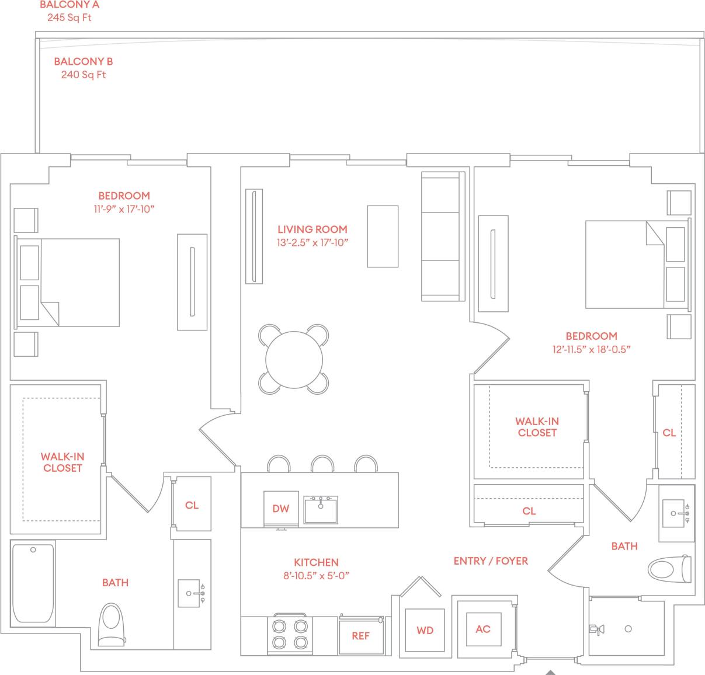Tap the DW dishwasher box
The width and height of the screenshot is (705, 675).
[281, 508]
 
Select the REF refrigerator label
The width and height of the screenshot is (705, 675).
[360, 636]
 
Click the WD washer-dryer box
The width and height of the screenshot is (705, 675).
[425, 631]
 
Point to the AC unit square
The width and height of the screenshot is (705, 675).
[482, 629]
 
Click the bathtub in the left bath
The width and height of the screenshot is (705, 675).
[33, 582]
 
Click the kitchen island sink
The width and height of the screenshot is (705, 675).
[320, 509]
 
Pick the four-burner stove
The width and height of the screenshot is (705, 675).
[290, 635]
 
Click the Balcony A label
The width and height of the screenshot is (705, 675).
[70, 5]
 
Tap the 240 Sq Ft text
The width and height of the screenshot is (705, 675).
[84, 75]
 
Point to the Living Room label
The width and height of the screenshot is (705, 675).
[312, 229]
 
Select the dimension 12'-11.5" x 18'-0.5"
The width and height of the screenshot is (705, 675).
[592, 349]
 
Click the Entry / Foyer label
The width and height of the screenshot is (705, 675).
[491, 561]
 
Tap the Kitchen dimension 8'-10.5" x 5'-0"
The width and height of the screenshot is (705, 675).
[316, 575]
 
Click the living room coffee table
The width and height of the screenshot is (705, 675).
[383, 236]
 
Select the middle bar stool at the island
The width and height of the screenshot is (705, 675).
[322, 464]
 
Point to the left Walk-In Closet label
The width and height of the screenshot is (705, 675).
[62, 462]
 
